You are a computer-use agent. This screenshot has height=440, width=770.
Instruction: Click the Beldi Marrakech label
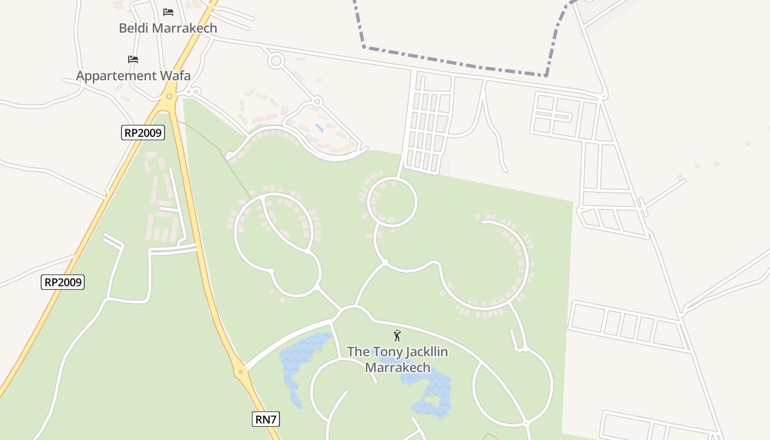click(x=168, y=28)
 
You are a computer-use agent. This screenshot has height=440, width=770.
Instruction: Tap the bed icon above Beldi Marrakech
click(x=168, y=12)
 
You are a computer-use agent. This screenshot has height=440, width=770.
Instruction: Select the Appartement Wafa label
click(x=133, y=76)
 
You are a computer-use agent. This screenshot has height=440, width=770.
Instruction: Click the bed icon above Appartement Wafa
click(x=133, y=59)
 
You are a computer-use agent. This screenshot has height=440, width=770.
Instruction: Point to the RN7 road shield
click(x=266, y=419)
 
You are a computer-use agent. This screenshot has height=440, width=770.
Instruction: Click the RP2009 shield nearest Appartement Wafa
click(x=143, y=132)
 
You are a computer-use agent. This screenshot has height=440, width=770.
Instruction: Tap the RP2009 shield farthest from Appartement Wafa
click(x=63, y=282)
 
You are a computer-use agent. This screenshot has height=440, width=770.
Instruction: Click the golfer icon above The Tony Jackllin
click(x=397, y=335)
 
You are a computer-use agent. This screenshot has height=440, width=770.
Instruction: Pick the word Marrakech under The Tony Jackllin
click(x=398, y=367)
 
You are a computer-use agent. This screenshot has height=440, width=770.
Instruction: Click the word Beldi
click(x=134, y=28)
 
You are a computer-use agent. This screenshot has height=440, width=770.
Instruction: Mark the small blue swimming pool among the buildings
click(x=319, y=128)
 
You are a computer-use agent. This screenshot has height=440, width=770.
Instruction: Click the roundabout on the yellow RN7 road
click(x=240, y=372)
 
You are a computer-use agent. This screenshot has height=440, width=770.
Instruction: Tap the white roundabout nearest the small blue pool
click(x=317, y=102)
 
